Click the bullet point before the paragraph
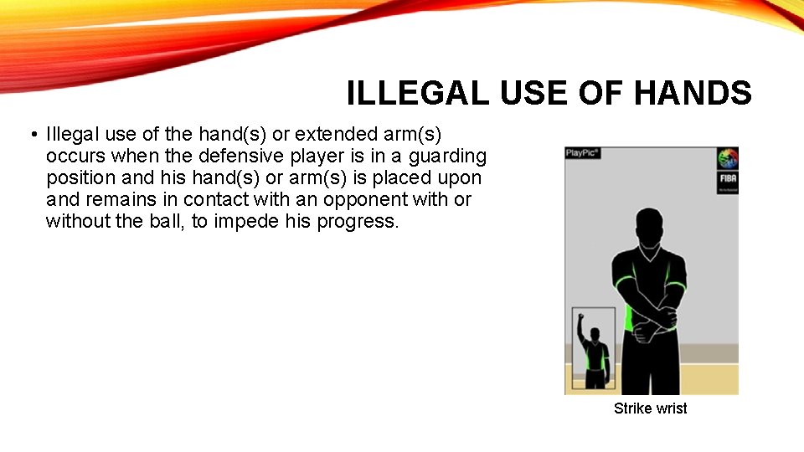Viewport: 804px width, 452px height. coord(30,135)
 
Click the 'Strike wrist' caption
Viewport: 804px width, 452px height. coord(650,408)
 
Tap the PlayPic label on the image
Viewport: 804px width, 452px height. coord(583,153)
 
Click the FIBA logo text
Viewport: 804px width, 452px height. coord(726,180)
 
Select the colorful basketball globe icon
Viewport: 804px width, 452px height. coord(726,158)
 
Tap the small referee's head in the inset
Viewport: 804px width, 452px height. coord(595,334)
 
